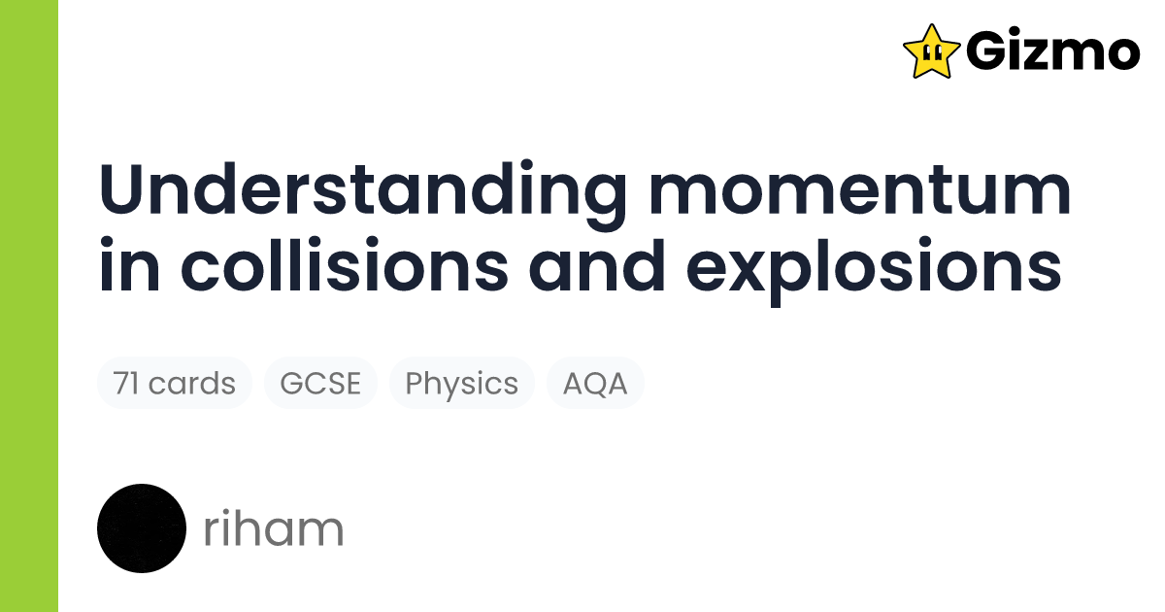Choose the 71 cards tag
click(174, 383)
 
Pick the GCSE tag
click(320, 383)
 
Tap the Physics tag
click(461, 383)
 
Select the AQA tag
click(595, 383)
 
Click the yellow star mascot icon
click(931, 51)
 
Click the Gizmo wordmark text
click(1052, 51)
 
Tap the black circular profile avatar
click(142, 528)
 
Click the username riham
click(274, 529)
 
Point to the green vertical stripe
click(29, 306)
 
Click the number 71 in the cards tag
click(126, 383)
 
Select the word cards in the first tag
click(192, 383)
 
